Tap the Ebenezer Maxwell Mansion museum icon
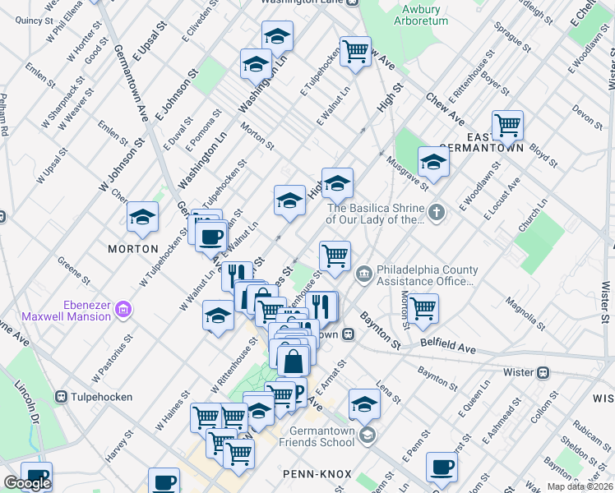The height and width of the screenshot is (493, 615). [x=123, y=310]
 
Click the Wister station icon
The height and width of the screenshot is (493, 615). [x=543, y=372]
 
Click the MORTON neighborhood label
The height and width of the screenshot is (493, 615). [x=132, y=248]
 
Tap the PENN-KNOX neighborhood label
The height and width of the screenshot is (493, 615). [x=317, y=474]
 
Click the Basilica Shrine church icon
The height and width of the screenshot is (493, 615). [x=437, y=213]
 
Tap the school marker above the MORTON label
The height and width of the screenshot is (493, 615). [x=142, y=219]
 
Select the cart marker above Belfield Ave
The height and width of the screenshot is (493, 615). [x=423, y=309]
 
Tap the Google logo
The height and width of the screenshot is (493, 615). [x=27, y=483]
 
